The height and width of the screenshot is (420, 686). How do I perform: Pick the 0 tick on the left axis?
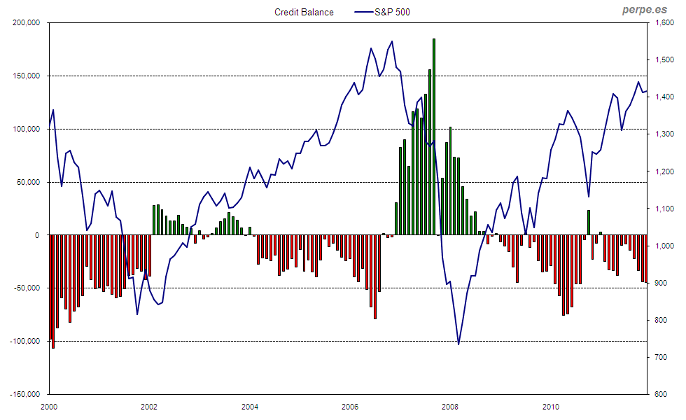click(41, 235)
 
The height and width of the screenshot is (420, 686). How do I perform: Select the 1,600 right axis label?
click(662, 23)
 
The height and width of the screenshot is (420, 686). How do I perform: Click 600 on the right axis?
click(660, 394)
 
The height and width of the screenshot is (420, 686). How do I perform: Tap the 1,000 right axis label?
click(662, 246)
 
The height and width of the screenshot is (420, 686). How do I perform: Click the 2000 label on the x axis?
click(49, 406)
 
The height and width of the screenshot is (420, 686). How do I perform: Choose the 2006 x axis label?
click(350, 406)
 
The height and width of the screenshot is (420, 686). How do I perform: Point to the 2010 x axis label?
click(551, 406)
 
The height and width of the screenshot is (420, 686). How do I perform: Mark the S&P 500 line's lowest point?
click(458, 344)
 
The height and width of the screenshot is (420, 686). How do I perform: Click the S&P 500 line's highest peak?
click(391, 41)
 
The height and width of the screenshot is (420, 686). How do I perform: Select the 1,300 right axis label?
click(662, 134)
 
